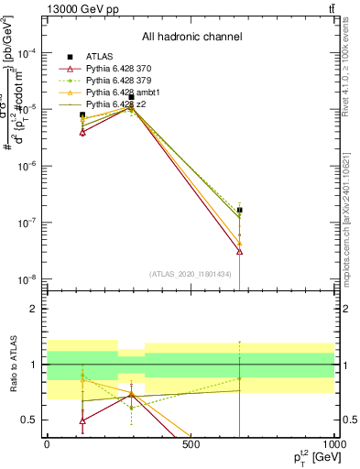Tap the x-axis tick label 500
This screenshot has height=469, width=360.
click(191, 443)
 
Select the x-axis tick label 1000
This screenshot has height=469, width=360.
click(333, 443)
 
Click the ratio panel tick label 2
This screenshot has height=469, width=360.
click(34, 309)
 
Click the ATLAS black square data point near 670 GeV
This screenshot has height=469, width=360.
click(239, 210)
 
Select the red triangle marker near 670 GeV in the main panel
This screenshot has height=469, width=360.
click(239, 251)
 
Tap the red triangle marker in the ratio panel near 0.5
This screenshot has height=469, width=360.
click(82, 420)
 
